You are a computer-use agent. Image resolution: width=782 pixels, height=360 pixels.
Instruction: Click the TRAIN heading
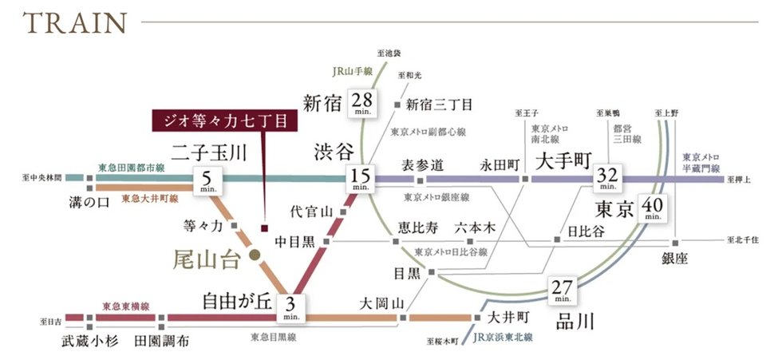coord(76,23)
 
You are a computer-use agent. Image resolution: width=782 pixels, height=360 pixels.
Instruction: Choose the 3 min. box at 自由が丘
coord(290,307)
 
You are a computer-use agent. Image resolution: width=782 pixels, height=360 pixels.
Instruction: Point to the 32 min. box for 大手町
coord(605,179)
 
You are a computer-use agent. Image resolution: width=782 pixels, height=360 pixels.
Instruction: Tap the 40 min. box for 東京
coord(652,210)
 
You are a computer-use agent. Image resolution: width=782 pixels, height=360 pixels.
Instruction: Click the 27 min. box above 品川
coord(563,291)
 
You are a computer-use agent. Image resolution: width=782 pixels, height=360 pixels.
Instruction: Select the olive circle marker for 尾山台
coord(253,255)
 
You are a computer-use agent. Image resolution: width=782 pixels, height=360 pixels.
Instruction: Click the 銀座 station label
coord(674,259)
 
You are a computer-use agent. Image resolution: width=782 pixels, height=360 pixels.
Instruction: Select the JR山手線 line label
coord(349,72)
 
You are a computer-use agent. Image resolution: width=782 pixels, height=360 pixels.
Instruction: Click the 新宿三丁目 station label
coord(439,104)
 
